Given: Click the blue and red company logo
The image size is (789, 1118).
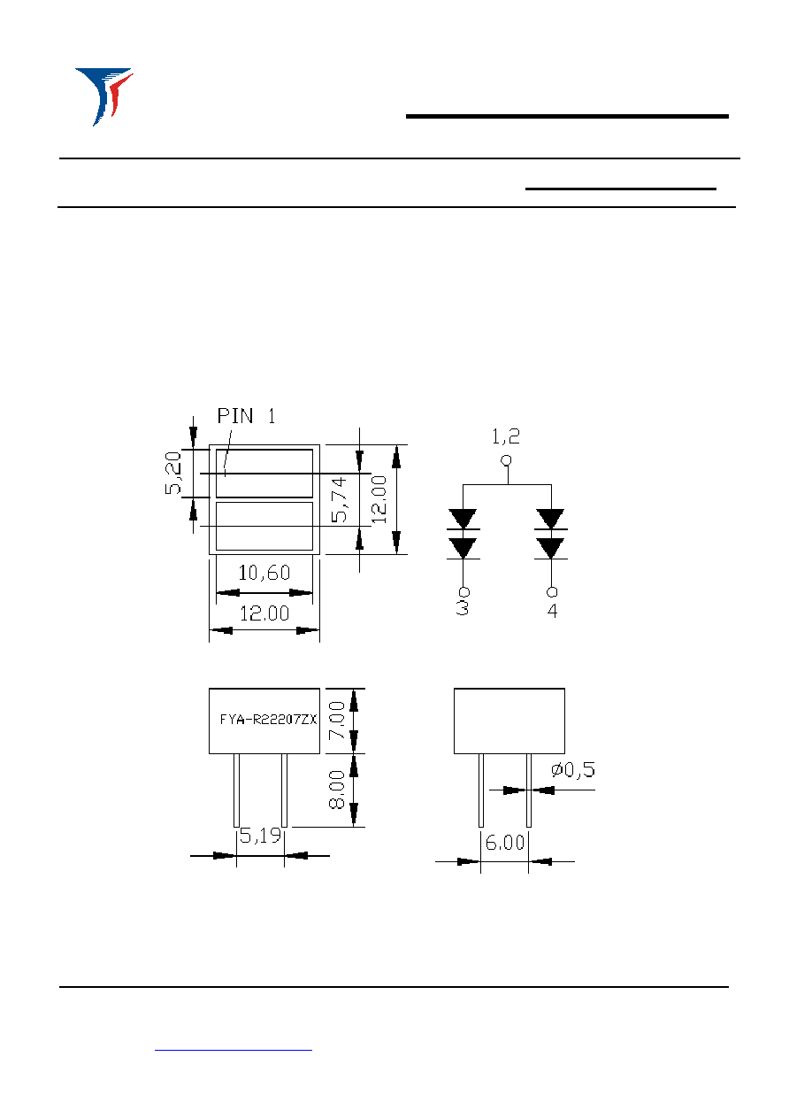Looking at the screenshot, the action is coord(104,96).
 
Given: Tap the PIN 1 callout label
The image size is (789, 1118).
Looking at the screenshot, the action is coord(246,416).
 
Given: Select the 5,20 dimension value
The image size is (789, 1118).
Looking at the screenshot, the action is coord(172,473).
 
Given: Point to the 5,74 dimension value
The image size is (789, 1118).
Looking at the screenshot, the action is coord(339,499).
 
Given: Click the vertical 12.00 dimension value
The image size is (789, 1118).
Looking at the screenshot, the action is coord(379,499).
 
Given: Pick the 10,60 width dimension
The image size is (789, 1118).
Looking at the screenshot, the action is coord(264,573).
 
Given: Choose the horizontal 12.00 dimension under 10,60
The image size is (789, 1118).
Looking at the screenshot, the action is coord(264,613).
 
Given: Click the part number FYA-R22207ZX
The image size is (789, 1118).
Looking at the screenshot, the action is coord(268,719).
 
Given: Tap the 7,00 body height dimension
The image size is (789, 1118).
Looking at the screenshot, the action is coord(337,721).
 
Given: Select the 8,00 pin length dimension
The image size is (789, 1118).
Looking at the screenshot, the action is coord(337,789).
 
